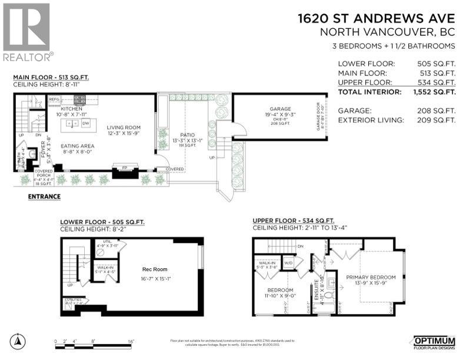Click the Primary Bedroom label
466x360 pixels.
coord(370,277)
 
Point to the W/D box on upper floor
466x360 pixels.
coord(288,263)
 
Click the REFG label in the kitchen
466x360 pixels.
coord(54,100)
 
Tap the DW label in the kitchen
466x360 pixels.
coord(86,124)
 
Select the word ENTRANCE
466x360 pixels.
coord(44,196)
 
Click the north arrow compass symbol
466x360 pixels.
coord(19,341)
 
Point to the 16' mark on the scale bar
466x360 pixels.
coord(131,341)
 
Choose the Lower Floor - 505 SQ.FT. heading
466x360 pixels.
coord(102,222)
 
